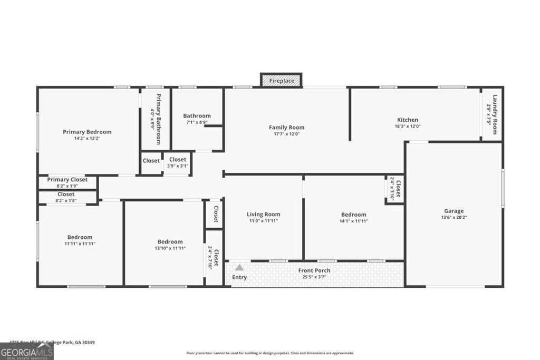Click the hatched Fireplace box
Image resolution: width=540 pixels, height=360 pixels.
tap(282, 81)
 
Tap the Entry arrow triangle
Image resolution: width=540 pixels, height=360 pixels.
tap(239, 268)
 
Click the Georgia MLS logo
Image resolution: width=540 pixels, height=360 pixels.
tap(26, 352)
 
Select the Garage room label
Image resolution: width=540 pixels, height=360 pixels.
tap(454, 211)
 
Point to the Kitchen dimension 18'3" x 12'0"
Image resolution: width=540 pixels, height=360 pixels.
tap(408, 127)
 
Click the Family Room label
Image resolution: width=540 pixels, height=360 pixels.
tap(286, 127)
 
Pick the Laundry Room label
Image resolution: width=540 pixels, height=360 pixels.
tap(495, 114)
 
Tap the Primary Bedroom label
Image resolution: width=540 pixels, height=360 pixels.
tap(87, 132)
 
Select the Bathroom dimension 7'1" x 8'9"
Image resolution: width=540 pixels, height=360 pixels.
tap(197, 122)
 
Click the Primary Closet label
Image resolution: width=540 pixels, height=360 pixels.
tap(67, 180)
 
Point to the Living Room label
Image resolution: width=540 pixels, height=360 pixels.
tap(263, 214)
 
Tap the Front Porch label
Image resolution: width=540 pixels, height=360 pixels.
tap(314, 270)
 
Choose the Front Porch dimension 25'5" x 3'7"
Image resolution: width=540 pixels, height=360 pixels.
tap(314, 277)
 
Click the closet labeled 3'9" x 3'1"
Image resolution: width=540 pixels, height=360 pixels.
tap(177, 166)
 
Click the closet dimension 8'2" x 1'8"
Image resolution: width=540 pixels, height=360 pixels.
tap(66, 200)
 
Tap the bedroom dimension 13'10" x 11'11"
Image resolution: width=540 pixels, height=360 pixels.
tap(170, 248)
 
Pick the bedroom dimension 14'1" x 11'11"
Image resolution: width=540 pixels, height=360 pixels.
tap(353, 221)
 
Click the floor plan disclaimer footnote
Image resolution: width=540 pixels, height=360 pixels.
tap(269, 353)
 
